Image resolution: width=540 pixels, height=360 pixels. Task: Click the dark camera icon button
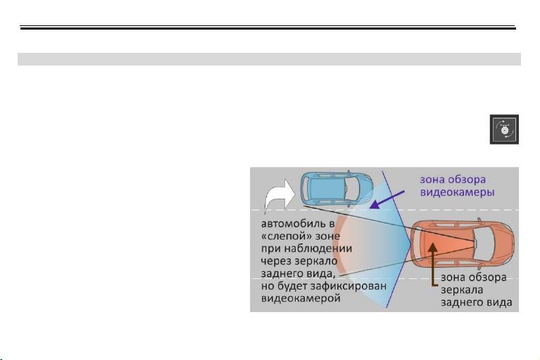[504, 130]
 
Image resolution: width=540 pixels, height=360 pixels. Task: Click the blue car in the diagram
[337, 188]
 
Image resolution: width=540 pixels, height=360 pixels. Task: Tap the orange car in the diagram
[463, 244]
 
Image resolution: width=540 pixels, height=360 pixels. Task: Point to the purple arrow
[387, 199]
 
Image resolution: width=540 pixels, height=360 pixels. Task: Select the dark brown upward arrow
[433, 266]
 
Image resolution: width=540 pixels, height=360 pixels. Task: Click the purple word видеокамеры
[458, 192]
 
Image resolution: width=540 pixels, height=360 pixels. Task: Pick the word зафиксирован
[349, 286]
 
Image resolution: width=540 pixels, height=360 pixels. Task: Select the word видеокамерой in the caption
[301, 298]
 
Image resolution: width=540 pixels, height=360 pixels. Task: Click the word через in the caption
[276, 261]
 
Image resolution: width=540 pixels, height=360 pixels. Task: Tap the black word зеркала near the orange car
[462, 290]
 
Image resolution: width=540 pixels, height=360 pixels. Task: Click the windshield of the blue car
[352, 189]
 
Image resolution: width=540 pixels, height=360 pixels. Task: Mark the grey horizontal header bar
[269, 59]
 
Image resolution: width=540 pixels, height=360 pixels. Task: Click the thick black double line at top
[268, 27]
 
